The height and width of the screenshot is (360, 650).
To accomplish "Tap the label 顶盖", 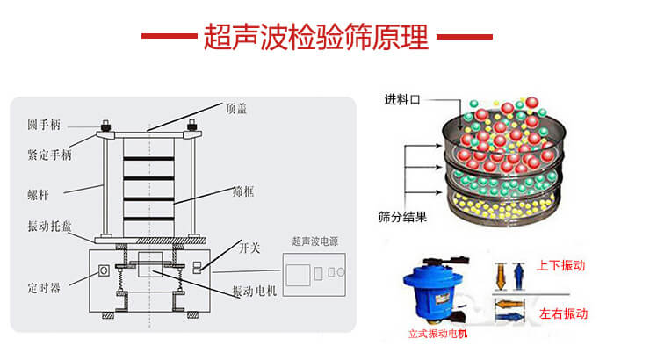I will (x=236, y=108).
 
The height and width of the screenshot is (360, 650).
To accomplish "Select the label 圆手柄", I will (x=43, y=126).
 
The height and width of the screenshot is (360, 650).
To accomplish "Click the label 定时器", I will (x=44, y=287).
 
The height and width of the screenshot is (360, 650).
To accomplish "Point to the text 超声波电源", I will (x=314, y=241).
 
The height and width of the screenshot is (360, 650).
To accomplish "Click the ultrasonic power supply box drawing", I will (x=314, y=274).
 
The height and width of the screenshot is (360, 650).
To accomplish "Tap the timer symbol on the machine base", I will (x=104, y=270).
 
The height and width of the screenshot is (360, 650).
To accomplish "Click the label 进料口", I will (x=403, y=99).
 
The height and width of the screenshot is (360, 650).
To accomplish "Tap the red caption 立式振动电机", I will (x=438, y=334).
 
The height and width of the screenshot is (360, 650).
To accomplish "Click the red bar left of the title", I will (x=169, y=37).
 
